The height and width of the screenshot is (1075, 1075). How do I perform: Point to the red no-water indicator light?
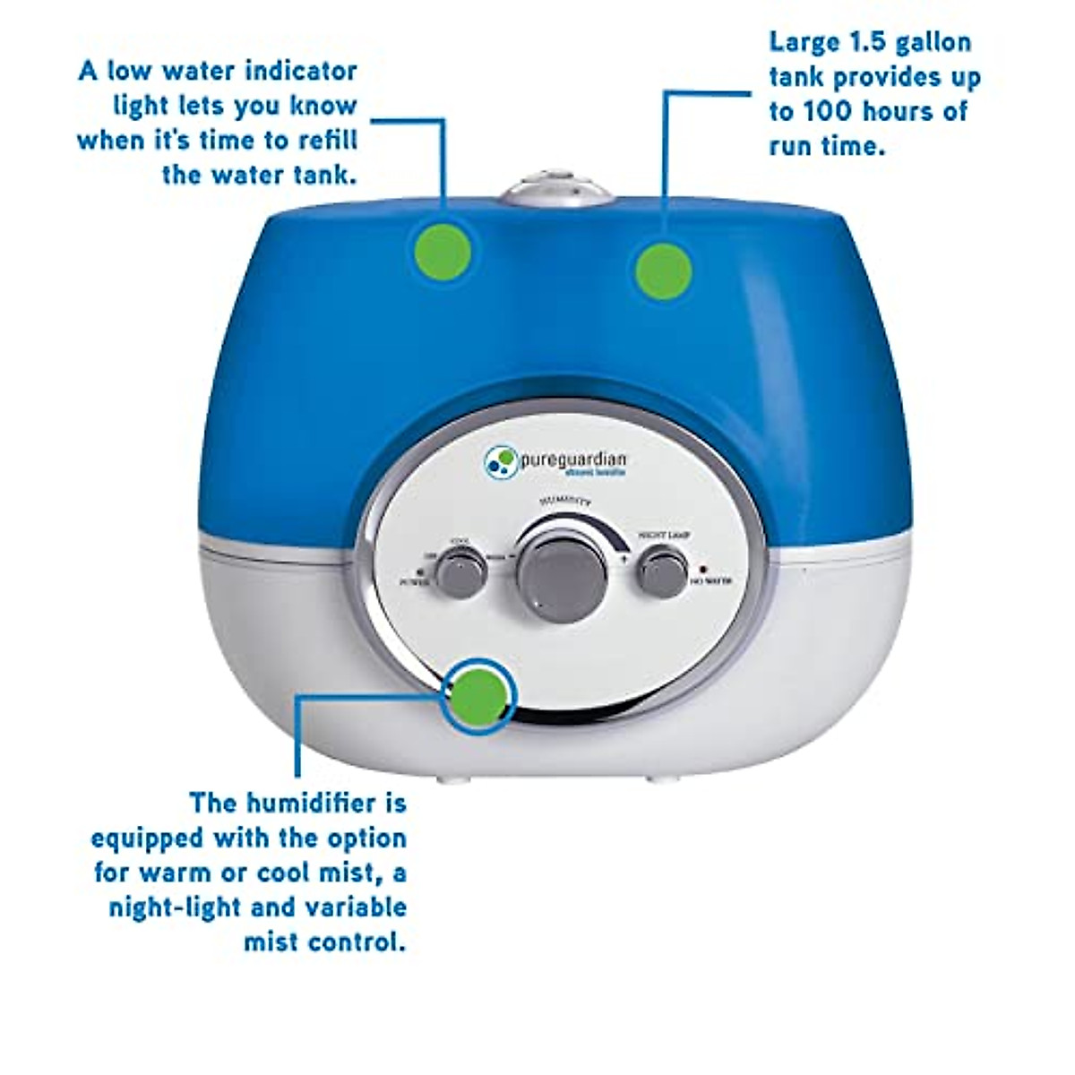point(703,569)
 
